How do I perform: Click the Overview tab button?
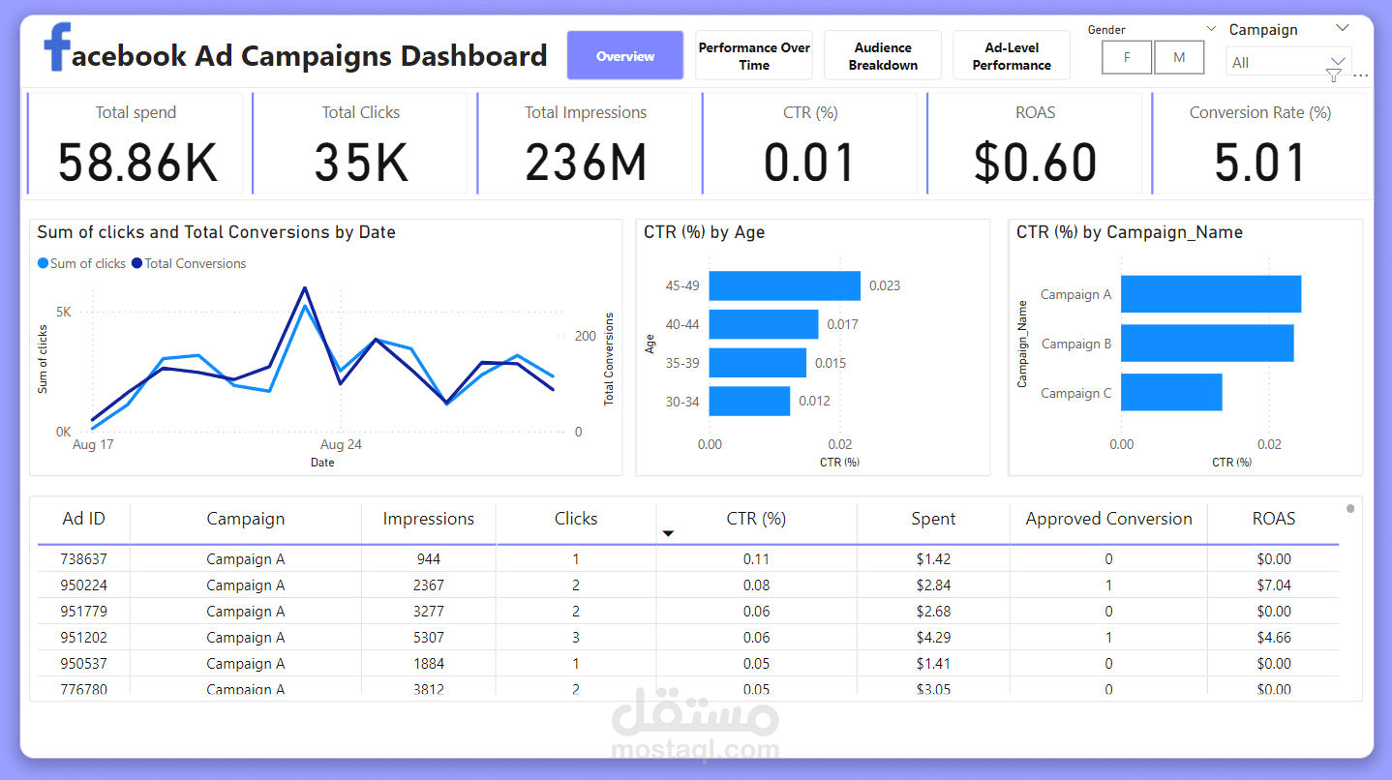point(624,56)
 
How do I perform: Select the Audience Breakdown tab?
point(883,56)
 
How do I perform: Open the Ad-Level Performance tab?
point(1012,56)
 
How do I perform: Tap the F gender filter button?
point(1127,57)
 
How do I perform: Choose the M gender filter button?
point(1179,57)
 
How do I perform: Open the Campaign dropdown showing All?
point(1287,62)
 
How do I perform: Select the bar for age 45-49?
point(784,285)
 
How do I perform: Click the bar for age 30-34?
point(749,401)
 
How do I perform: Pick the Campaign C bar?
point(1171,392)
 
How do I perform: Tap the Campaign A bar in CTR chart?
point(1210,294)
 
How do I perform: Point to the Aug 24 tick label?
point(341,445)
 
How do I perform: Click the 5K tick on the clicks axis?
point(64,313)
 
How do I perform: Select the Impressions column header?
point(428,519)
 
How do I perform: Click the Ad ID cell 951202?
point(83,638)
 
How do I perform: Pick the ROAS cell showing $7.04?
point(1273,585)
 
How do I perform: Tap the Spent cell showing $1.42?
point(933,559)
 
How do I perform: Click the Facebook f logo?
point(57,48)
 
